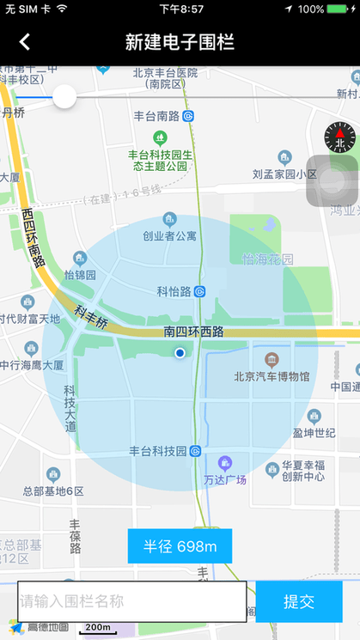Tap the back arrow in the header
pyautogui.click(x=25, y=41)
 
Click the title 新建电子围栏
pyautogui.click(x=180, y=41)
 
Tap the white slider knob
pyautogui.click(x=64, y=96)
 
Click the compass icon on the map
pyautogui.click(x=339, y=136)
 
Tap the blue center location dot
pyautogui.click(x=180, y=353)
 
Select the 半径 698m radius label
pyautogui.click(x=180, y=546)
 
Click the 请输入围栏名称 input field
pyautogui.click(x=132, y=601)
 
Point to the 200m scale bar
pyautogui.click(x=97, y=628)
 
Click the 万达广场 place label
pyautogui.click(x=225, y=478)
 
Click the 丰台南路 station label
pyautogui.click(x=162, y=116)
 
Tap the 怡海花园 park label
pyautogui.click(x=268, y=259)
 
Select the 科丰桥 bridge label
pyautogui.click(x=90, y=318)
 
